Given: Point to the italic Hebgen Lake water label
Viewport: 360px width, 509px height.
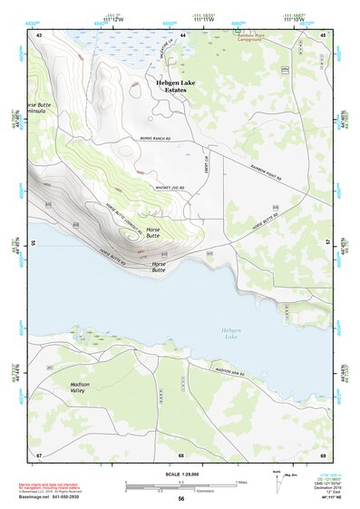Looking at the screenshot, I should (233, 336).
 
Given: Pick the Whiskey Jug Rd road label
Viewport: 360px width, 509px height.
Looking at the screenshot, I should (172, 188).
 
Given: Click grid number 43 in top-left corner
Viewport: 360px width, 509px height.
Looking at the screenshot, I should (39, 34).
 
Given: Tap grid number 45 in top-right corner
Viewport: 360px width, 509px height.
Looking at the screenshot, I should (323, 34).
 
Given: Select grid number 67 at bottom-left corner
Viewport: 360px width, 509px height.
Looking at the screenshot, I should (39, 454).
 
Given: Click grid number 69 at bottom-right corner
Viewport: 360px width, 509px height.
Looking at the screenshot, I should (323, 454).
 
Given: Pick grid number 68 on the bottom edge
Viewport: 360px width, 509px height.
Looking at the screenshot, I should (180, 454).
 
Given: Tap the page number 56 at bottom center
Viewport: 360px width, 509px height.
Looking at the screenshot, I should (181, 499).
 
